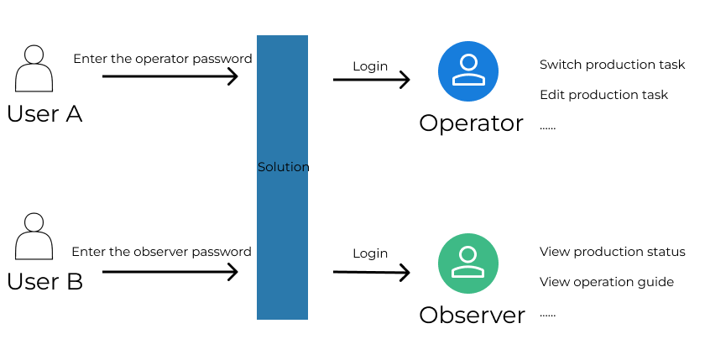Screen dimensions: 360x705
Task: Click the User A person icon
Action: click(33, 69)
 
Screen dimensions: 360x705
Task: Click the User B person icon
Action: click(33, 237)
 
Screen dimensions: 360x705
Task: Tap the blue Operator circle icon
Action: click(468, 70)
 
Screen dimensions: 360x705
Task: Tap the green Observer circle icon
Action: click(468, 264)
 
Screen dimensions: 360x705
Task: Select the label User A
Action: click(44, 114)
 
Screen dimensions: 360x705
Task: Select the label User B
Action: click(44, 282)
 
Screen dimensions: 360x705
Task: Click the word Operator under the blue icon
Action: click(471, 123)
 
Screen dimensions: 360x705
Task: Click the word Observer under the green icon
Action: click(472, 316)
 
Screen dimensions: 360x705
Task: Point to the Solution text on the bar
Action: click(283, 167)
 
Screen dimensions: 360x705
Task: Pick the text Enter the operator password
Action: click(163, 59)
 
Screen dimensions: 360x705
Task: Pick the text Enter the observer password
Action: click(161, 252)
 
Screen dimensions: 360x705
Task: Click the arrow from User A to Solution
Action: click(170, 76)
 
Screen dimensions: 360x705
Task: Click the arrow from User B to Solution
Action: click(170, 271)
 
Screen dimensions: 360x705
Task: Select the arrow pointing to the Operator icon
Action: click(371, 80)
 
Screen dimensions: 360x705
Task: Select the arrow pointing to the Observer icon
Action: click(371, 272)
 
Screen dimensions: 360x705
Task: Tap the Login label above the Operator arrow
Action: click(370, 66)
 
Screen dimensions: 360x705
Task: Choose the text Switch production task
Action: click(612, 65)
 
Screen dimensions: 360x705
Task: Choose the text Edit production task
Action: click(603, 95)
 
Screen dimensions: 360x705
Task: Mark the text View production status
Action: click(612, 252)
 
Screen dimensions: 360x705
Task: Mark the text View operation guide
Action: click(606, 282)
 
